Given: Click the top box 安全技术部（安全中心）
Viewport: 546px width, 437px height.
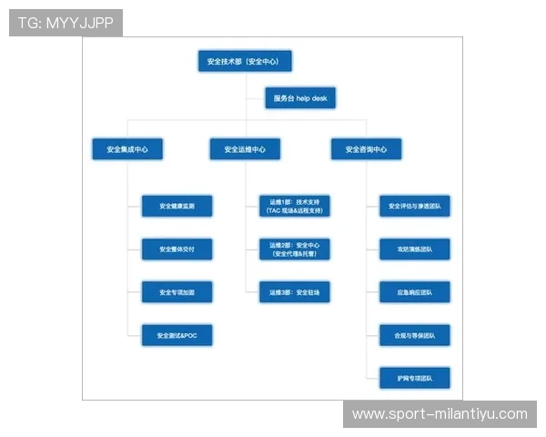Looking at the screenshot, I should tap(244, 62).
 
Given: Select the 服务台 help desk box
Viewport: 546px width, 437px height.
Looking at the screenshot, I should tap(299, 98).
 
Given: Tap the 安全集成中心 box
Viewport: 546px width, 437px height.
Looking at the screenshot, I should tap(127, 149).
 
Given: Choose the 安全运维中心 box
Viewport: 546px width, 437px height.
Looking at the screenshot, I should tap(245, 149).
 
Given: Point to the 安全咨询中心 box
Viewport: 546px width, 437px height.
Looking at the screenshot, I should tap(366, 149).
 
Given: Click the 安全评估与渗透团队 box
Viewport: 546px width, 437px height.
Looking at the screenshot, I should tap(414, 207).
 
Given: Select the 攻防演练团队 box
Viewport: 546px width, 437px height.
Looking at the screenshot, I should tap(414, 249).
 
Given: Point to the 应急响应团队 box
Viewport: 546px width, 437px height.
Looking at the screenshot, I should tap(414, 292).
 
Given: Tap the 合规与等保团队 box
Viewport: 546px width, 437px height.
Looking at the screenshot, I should tap(414, 336).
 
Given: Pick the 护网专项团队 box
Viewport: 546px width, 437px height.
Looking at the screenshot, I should tap(414, 378).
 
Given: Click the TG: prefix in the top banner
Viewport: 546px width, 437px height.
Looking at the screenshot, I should tap(28, 23).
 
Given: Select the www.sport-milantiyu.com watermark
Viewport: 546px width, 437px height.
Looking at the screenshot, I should tap(440, 414).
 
